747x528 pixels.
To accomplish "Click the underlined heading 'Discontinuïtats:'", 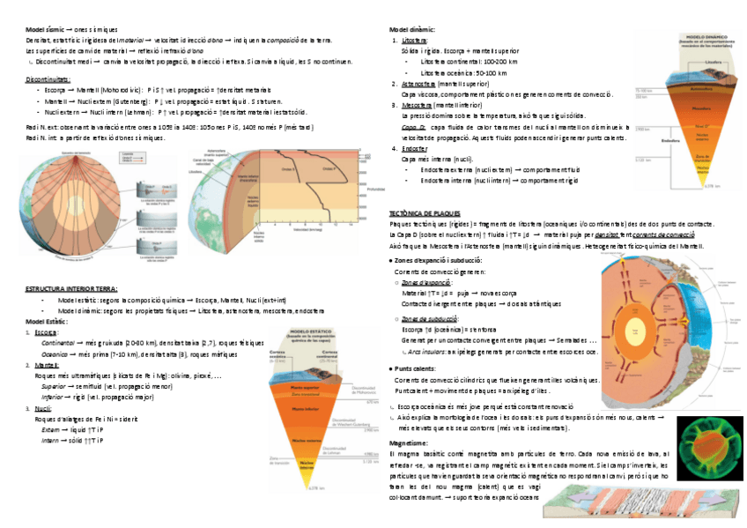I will [48, 78].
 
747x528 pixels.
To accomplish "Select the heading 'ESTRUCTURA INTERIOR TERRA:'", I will [71, 288].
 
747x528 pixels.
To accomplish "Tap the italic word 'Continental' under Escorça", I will [58, 341].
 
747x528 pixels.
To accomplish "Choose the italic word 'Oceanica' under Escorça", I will [55, 352].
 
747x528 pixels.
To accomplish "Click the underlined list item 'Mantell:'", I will [46, 364].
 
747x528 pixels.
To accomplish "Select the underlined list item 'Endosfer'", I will [415, 149].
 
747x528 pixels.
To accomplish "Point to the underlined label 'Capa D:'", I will [414, 127].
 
